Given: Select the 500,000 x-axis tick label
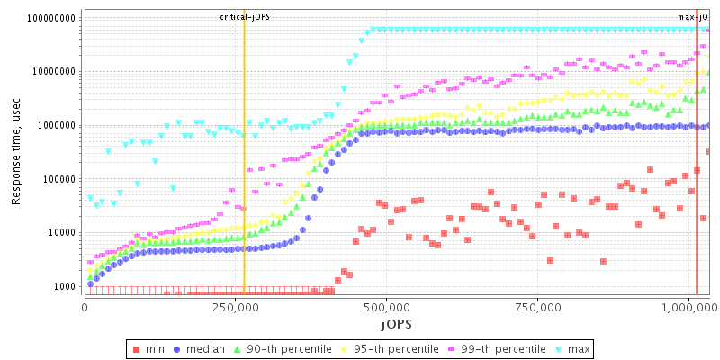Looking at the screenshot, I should click(386, 307).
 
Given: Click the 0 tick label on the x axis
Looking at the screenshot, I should click(85, 307).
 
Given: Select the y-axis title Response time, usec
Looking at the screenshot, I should click(16, 152).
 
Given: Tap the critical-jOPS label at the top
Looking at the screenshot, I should click(244, 17).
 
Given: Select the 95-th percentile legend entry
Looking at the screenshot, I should click(388, 348).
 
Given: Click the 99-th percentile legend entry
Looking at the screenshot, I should click(495, 348).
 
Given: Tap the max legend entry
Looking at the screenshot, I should click(573, 348).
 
